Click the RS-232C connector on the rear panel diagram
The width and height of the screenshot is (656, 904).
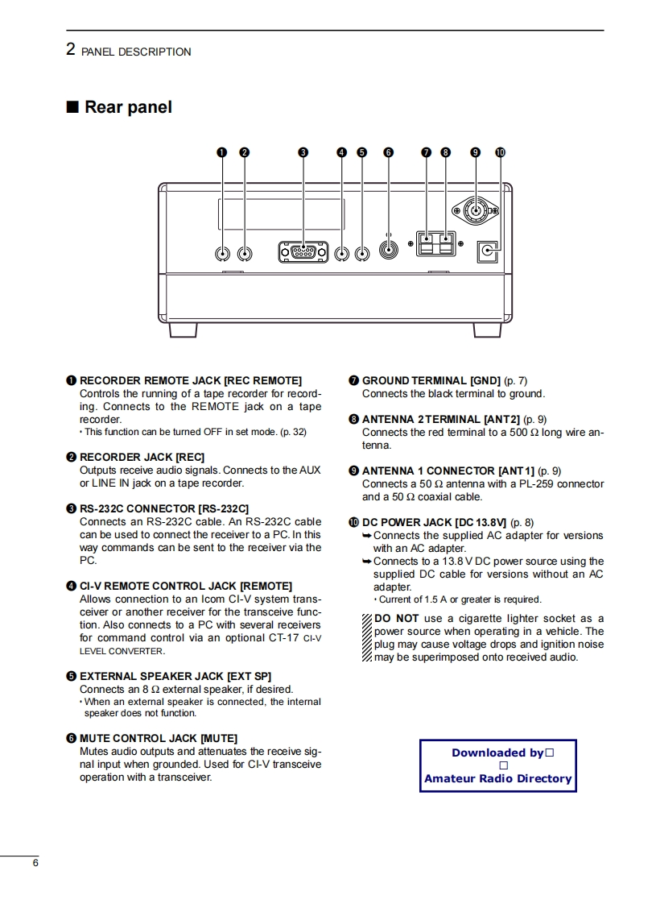tap(303, 252)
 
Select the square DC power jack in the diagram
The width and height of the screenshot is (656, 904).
tap(488, 252)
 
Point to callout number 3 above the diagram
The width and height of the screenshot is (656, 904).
tap(303, 151)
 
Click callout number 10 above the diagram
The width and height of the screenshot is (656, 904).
tap(500, 151)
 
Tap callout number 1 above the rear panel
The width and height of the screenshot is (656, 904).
tap(223, 151)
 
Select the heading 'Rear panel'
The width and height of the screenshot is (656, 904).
tap(128, 107)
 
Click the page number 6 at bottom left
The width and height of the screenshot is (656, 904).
tap(35, 863)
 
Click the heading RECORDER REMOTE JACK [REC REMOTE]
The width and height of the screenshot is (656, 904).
tap(190, 380)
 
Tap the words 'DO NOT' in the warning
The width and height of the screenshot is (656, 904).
tap(397, 618)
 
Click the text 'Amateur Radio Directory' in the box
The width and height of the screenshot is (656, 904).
tap(497, 778)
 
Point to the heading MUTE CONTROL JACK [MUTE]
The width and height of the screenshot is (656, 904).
tap(159, 737)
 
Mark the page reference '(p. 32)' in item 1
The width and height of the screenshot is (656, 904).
tap(293, 432)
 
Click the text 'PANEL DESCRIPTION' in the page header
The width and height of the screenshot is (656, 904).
tap(137, 52)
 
